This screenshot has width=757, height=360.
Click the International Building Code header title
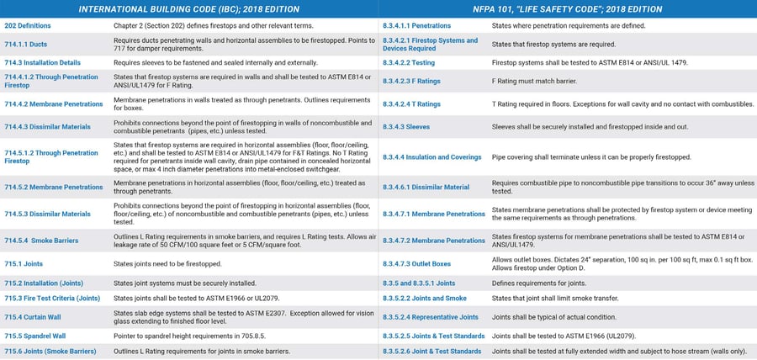pos(188,9)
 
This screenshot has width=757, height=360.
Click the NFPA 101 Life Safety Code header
pos(568,9)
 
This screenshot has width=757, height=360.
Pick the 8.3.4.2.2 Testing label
pos(410,62)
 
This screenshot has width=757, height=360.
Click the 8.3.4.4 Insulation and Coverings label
pos(431,157)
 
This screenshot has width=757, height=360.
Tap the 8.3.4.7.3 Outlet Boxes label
pos(416,264)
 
